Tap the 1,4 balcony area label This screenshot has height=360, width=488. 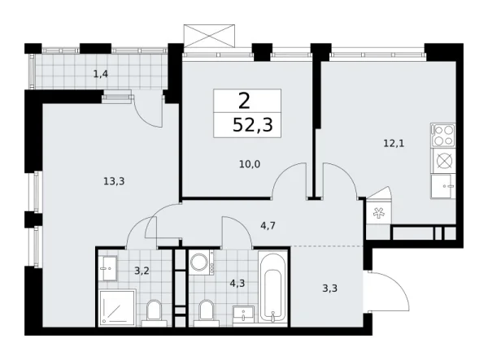101,74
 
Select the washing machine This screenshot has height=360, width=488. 200,262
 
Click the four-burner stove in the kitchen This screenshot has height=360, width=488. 444,134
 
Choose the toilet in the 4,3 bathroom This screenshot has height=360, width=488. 205,311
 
